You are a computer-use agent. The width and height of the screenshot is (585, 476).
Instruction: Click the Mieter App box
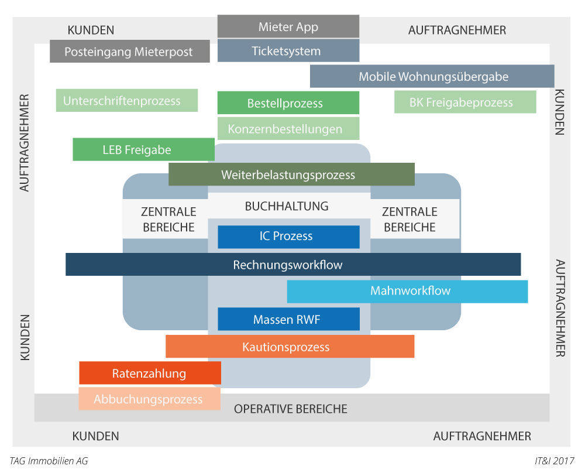click(x=288, y=26)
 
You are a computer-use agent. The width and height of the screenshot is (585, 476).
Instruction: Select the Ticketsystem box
click(x=288, y=51)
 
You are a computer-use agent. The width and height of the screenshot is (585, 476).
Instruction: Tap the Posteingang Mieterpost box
click(x=129, y=52)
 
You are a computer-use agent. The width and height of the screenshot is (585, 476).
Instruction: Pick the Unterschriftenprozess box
click(x=126, y=101)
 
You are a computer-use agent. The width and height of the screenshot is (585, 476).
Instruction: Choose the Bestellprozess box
click(x=288, y=103)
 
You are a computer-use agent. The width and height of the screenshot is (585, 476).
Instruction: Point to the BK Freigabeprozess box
click(x=464, y=102)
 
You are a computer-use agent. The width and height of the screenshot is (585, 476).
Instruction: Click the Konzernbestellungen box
click(x=288, y=129)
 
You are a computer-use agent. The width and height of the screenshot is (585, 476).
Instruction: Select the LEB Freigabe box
click(x=143, y=149)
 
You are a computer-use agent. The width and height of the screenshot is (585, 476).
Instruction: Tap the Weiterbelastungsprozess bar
click(x=291, y=174)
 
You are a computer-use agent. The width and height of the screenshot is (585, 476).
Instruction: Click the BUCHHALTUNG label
click(x=287, y=206)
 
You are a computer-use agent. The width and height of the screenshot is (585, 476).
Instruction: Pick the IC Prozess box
click(x=288, y=237)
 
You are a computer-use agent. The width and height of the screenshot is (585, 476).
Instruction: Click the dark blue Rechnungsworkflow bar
click(x=292, y=265)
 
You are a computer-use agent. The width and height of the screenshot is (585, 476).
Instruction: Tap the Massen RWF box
click(x=288, y=320)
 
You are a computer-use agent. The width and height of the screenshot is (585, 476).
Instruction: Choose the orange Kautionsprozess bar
click(x=290, y=347)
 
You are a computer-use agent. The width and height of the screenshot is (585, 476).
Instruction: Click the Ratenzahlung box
click(x=150, y=373)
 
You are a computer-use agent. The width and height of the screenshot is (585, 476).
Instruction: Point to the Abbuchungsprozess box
click(x=149, y=399)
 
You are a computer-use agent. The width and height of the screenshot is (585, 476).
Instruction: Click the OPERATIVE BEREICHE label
click(x=291, y=409)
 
